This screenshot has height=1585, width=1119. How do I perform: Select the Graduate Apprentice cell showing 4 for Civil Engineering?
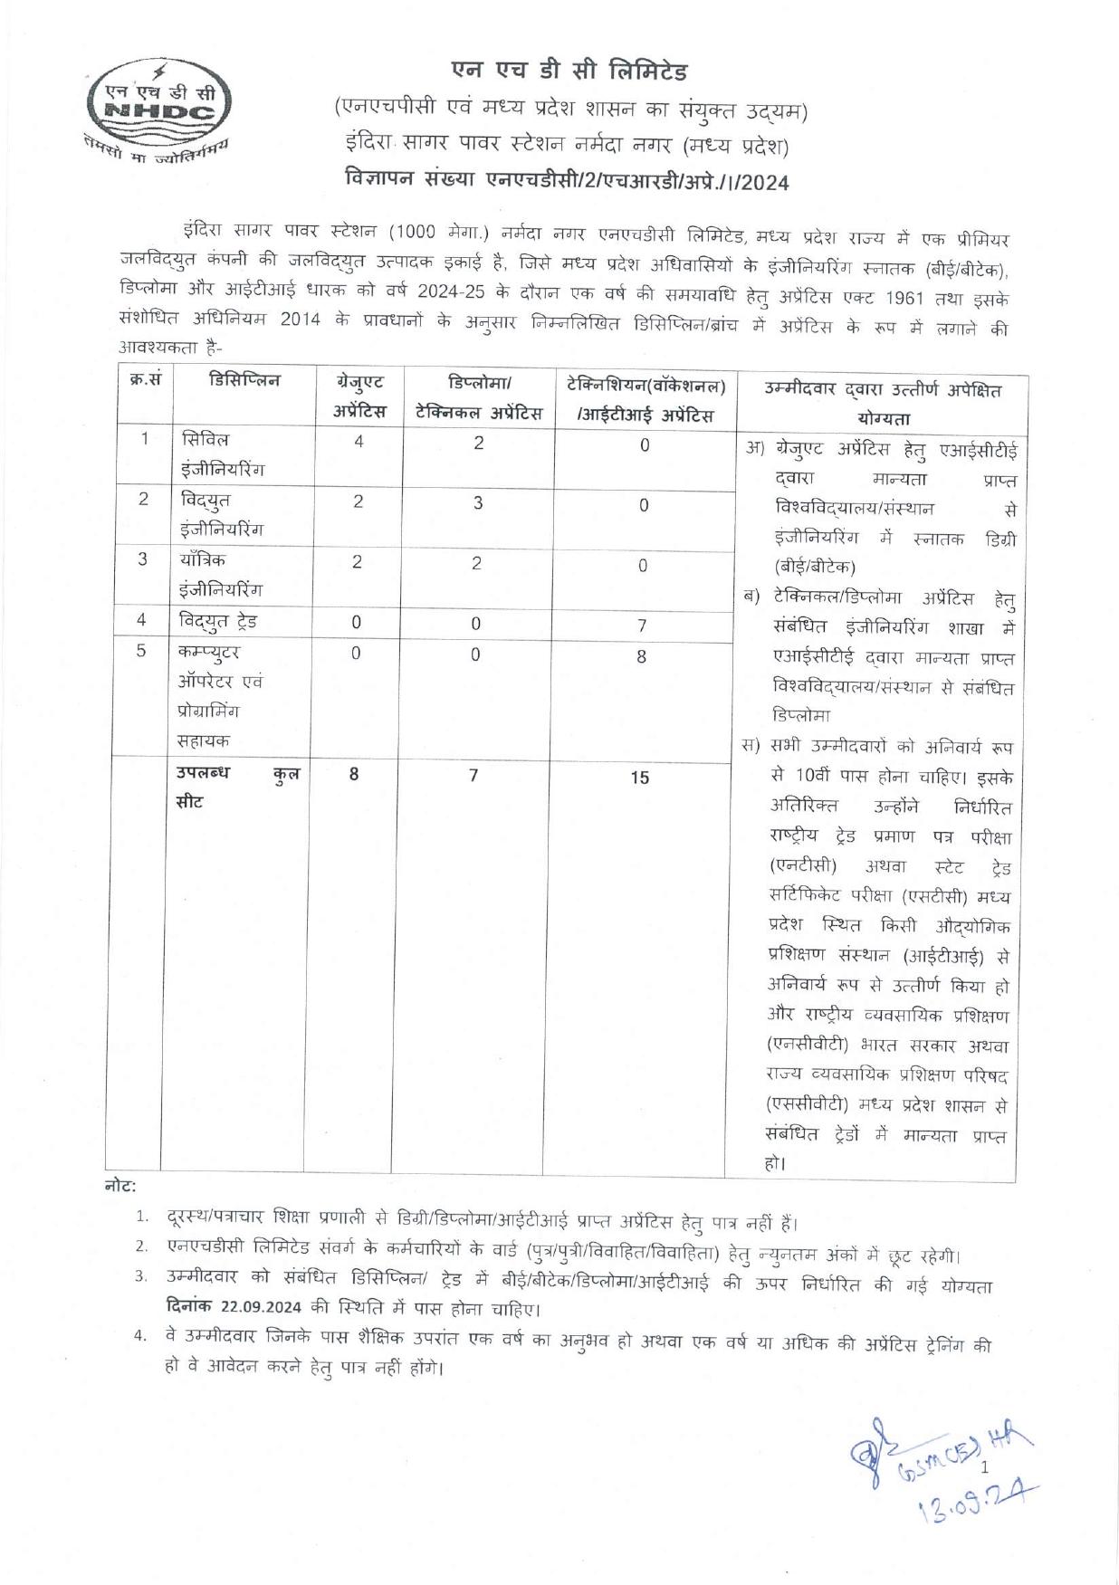[359, 442]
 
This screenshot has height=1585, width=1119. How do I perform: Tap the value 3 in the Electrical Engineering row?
[478, 503]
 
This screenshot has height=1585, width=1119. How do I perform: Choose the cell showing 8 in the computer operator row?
[641, 656]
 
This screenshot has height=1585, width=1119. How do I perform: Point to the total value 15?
[640, 777]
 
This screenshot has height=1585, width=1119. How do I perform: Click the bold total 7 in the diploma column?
[473, 775]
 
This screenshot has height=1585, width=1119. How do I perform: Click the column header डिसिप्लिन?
[244, 381]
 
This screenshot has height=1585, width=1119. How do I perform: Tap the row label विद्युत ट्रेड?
[218, 621]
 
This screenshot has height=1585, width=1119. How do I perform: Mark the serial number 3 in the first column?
[142, 559]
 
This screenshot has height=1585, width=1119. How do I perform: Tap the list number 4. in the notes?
[141, 1337]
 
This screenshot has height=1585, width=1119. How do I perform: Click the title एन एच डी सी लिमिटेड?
[569, 71]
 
